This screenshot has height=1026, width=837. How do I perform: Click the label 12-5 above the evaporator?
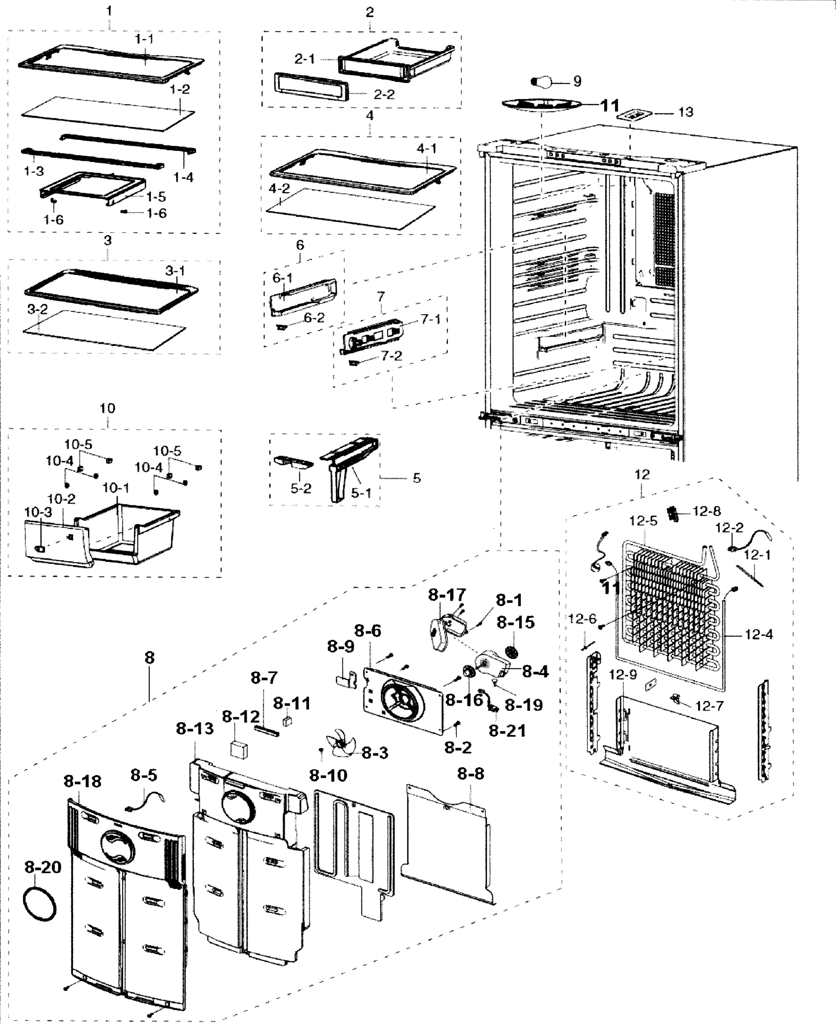click(643, 521)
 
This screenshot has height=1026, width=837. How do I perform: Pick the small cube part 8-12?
click(239, 749)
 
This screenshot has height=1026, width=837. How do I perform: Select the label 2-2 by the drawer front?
click(384, 94)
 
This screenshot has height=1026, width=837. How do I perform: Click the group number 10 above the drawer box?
click(107, 408)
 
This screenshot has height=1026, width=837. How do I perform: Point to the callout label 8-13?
click(195, 728)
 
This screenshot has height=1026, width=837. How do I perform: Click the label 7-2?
click(391, 356)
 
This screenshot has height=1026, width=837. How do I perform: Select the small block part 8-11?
click(288, 721)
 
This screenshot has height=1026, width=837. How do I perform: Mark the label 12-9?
click(623, 675)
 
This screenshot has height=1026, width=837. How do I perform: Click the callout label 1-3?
click(34, 171)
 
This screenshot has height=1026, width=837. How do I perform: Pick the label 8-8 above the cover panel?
click(470, 774)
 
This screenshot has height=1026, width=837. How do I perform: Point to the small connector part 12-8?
click(674, 514)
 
